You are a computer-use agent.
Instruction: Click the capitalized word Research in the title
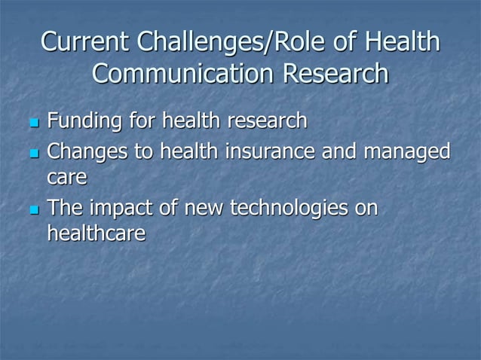[x=337, y=74]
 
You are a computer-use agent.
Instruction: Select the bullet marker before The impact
[x=32, y=209]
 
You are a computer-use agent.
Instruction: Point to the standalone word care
[x=67, y=178]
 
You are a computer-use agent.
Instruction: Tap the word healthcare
[x=96, y=233]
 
